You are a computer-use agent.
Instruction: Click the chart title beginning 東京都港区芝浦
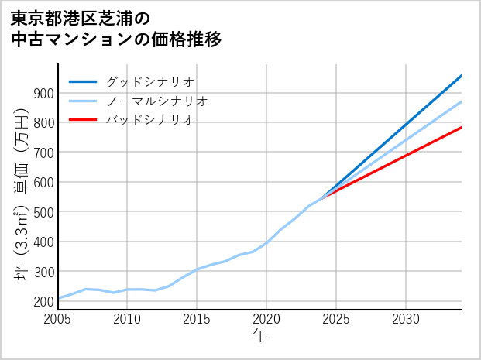[116, 29]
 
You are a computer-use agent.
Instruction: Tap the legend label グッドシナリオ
[149, 81]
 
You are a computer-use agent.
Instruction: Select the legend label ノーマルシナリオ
[156, 101]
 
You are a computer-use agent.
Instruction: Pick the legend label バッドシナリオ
[149, 120]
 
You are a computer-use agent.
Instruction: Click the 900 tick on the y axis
[43, 94]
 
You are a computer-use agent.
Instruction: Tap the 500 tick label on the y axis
[43, 212]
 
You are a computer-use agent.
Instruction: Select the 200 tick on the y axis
[43, 301]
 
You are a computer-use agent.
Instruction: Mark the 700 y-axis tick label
[43, 153]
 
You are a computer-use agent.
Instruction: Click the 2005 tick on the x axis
[58, 318]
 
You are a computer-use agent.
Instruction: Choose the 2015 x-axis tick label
[198, 318]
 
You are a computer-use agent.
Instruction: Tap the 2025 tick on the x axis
[336, 318]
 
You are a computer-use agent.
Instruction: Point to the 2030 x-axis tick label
[406, 318]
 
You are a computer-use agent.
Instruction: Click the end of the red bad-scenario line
[461, 127]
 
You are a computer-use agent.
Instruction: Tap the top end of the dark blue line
[461, 76]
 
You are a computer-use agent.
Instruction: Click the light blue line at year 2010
[128, 290]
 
